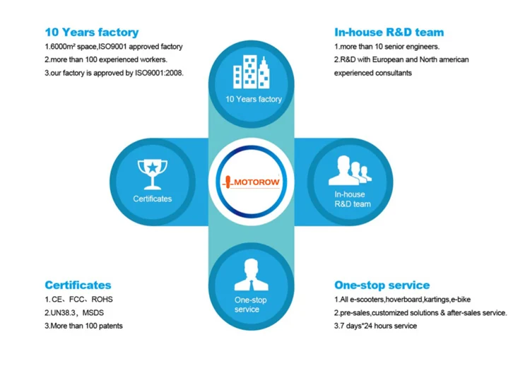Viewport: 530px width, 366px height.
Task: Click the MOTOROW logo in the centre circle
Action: tap(252, 182)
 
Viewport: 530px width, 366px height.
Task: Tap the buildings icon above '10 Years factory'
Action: tap(253, 71)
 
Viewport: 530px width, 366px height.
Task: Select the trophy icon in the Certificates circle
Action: tap(152, 171)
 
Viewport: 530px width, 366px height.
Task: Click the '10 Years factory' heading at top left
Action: tap(92, 32)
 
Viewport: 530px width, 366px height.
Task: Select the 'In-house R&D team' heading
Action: tap(389, 32)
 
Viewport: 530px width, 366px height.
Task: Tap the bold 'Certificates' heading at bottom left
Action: tap(78, 285)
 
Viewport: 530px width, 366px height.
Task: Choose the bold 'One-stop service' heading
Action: tap(382, 285)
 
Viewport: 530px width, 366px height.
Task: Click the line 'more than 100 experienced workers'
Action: tap(105, 59)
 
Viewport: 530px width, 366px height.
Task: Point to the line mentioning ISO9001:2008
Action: tap(114, 73)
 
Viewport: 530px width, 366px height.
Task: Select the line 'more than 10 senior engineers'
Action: tap(387, 47)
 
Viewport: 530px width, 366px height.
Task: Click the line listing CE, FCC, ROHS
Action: tap(78, 300)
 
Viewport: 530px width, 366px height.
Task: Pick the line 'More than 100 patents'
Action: tap(83, 326)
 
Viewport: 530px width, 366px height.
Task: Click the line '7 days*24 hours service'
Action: tap(375, 326)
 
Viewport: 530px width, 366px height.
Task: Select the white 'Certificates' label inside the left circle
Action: tap(153, 199)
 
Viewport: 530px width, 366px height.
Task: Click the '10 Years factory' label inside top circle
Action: tap(253, 99)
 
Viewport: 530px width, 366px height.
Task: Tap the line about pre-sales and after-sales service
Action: tap(420, 312)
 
